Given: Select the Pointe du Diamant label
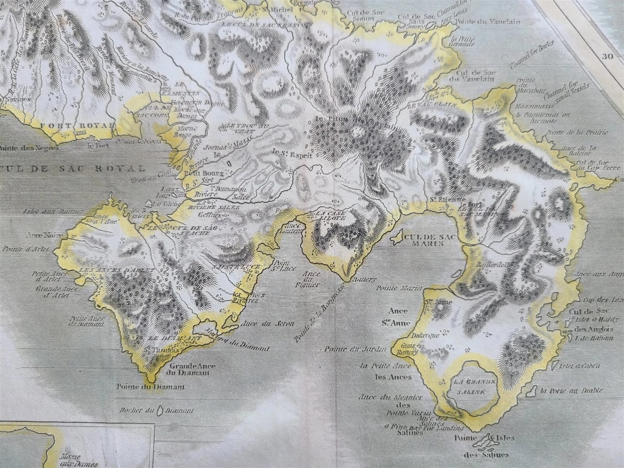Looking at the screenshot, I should pyautogui.click(x=142, y=387).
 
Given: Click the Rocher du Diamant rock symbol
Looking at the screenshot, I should pyautogui.click(x=161, y=410).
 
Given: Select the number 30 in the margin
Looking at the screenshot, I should pyautogui.click(x=609, y=56).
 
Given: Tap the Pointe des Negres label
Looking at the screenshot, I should pyautogui.click(x=23, y=149).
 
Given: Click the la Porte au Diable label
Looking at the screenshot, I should pyautogui.click(x=570, y=390).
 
